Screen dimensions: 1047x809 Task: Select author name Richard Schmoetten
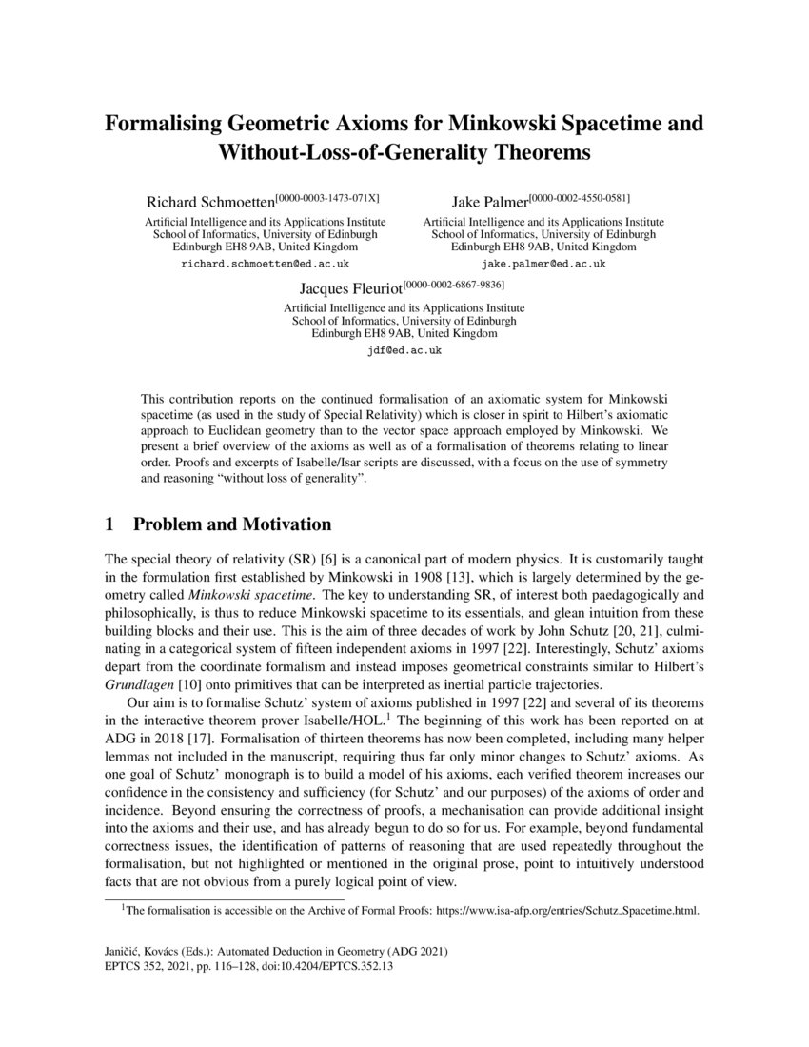coord(208,202)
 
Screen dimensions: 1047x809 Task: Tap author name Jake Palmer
coord(489,202)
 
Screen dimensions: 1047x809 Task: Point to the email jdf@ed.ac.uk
coord(404,350)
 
